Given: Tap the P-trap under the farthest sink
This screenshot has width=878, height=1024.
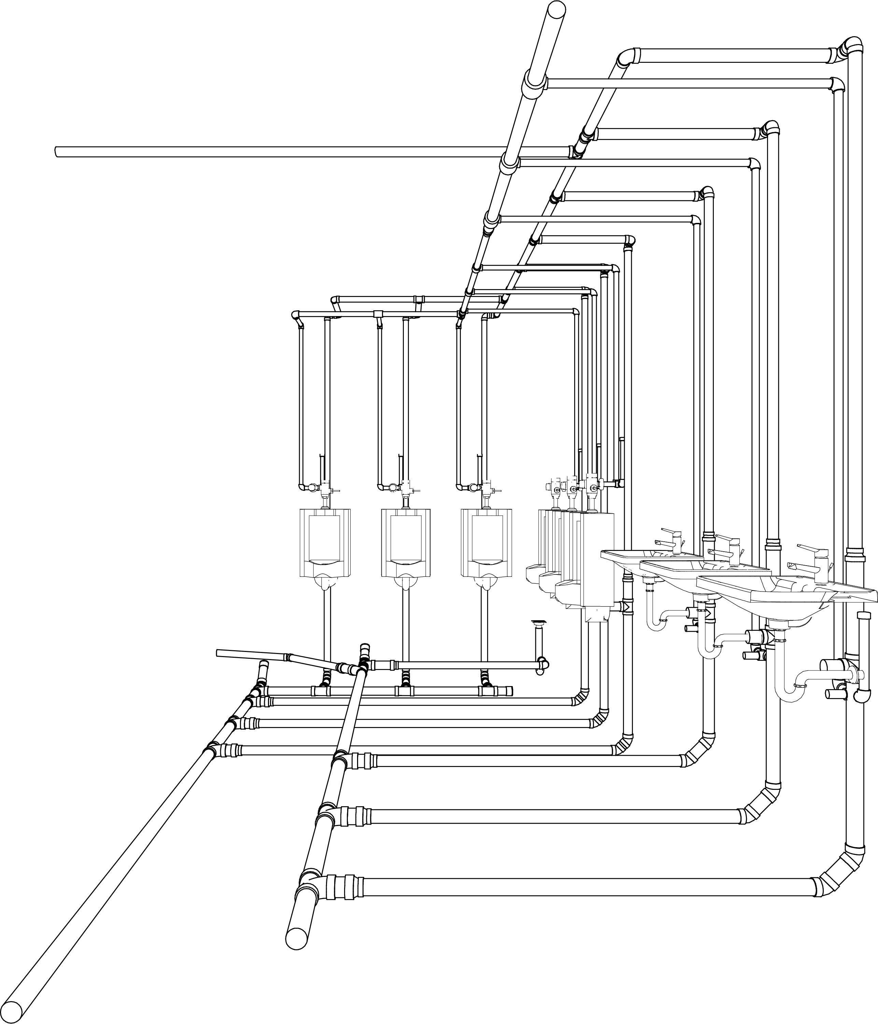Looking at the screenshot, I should (655, 620).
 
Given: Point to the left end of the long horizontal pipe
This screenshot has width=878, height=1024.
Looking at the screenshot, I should (57, 152).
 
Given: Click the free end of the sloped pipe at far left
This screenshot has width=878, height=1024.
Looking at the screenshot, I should (218, 653).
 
